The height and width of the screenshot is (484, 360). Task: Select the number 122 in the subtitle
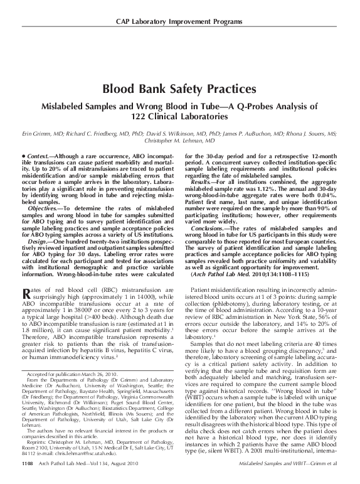click(141, 116)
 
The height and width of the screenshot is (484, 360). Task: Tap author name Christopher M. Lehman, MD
click(179, 141)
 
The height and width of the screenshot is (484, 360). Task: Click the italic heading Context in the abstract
click(38, 154)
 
